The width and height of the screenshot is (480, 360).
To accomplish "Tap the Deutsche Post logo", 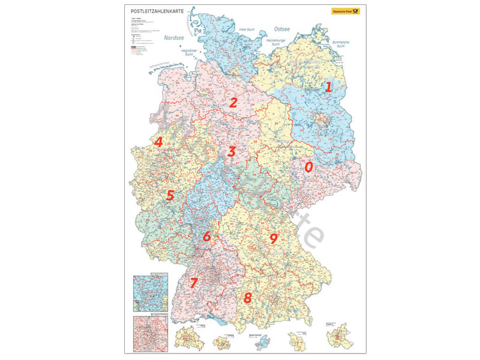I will pos(345,11).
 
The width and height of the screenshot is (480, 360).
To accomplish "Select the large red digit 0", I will pos(309,167).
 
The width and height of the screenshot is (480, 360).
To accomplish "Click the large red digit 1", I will pos(328,86).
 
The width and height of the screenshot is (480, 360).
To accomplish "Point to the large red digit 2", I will pos(233,102).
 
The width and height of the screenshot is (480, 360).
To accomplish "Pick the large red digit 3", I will pos(232,151).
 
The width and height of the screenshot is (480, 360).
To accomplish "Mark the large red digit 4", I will pos(158,142).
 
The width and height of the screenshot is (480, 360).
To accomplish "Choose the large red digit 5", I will pos(170,195).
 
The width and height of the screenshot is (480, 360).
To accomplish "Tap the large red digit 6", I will pos(207,236).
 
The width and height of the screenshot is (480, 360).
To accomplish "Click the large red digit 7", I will pos(193,282).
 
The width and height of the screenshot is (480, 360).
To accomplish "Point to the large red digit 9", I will pos(274,239).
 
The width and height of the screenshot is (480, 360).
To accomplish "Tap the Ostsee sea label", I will pos(281,28).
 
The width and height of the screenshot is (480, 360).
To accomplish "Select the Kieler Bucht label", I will pos(247,29).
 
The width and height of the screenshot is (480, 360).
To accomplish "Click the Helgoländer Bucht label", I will pos(190,53).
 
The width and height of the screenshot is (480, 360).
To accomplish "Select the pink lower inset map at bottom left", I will pos(149,330).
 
